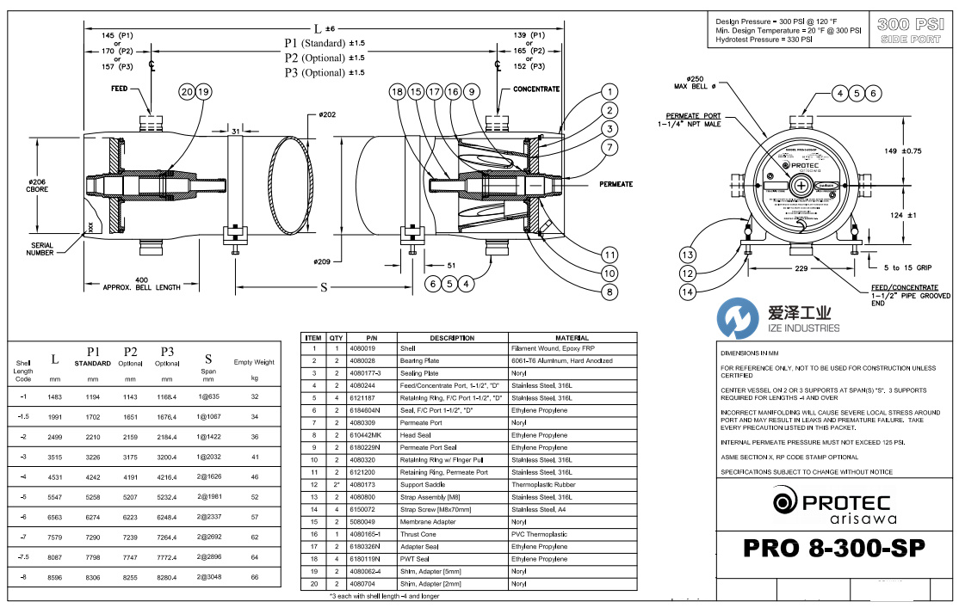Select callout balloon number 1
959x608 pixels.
click(609, 92)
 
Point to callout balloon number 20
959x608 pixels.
click(187, 92)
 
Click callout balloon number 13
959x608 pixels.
click(687, 255)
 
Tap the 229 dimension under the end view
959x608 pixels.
click(801, 269)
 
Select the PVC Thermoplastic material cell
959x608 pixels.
click(539, 534)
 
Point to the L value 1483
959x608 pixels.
click(55, 396)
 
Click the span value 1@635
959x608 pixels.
click(207, 396)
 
